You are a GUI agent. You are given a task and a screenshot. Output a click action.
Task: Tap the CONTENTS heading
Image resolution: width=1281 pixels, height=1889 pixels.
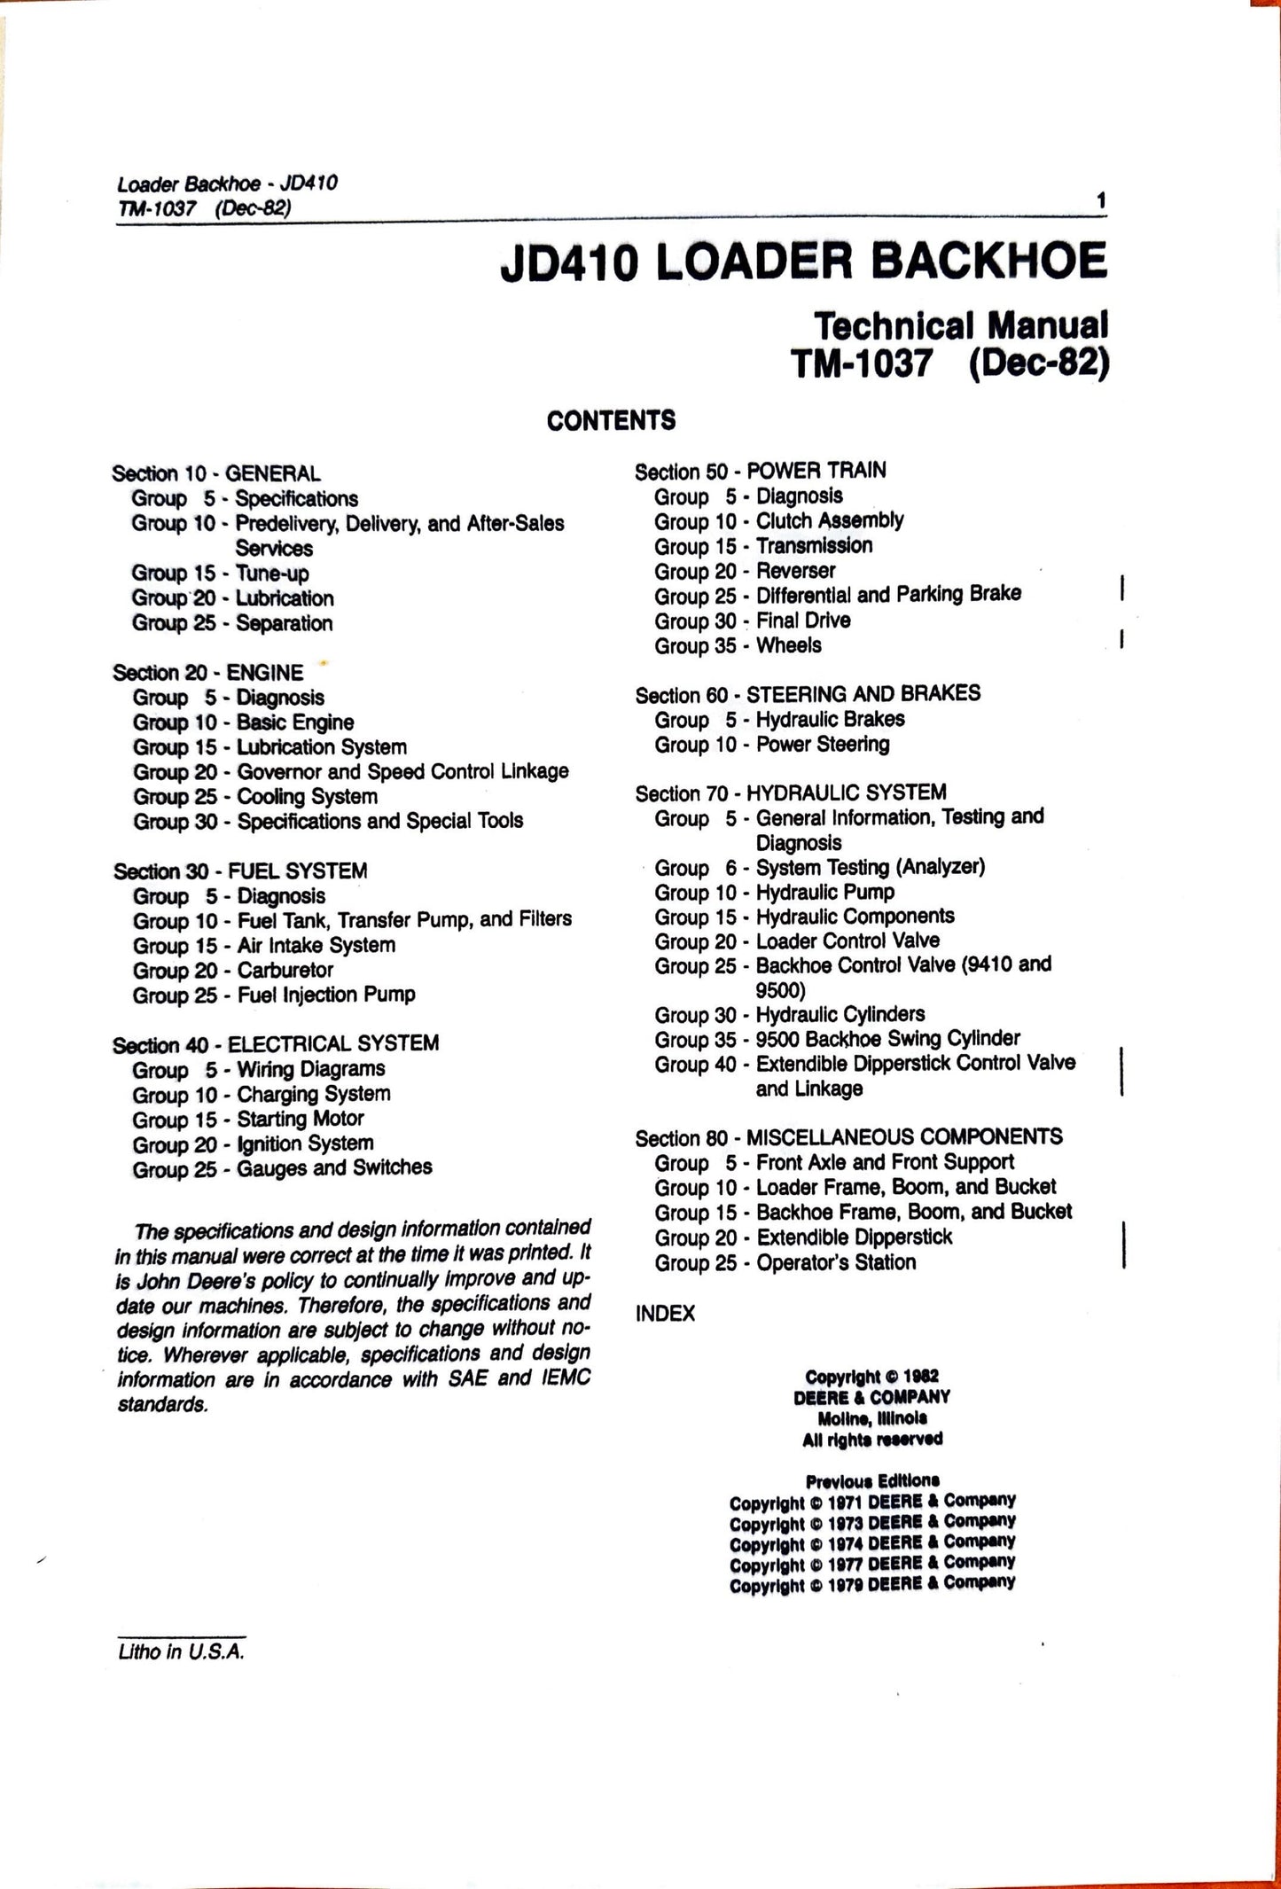(611, 420)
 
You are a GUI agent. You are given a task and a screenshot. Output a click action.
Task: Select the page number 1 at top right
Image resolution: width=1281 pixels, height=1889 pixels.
(1101, 201)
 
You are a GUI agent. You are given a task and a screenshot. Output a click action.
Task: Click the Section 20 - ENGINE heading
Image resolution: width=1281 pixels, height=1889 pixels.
(208, 672)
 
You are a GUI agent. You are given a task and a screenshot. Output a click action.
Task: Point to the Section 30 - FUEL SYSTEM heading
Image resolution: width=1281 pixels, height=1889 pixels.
(240, 870)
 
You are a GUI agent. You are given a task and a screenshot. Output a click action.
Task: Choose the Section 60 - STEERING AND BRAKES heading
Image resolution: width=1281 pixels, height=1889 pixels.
(808, 693)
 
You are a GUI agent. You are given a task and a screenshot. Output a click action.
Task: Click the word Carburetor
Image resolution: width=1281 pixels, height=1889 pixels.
(285, 970)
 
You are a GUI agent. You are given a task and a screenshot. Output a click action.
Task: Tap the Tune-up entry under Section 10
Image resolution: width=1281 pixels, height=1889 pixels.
(272, 573)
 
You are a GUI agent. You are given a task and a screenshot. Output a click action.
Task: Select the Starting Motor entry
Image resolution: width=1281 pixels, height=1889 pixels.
(301, 1119)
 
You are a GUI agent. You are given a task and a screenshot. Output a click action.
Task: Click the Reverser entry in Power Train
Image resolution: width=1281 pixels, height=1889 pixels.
(795, 571)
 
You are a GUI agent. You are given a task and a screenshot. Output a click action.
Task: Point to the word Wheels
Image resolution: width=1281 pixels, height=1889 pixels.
(788, 645)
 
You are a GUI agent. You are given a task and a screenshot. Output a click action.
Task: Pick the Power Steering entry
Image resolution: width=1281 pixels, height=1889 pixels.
(822, 744)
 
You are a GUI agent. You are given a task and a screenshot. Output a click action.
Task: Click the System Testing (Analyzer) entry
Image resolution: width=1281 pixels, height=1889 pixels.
(870, 867)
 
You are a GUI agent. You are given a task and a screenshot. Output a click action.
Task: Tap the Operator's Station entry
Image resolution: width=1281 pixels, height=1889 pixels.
(835, 1261)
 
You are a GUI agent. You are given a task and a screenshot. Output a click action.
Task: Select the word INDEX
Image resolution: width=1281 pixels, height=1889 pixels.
(665, 1313)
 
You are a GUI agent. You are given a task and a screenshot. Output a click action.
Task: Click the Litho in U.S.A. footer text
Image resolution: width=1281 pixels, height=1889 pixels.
(181, 1651)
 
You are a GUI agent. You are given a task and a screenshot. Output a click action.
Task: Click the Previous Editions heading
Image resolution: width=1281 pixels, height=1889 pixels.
(872, 1480)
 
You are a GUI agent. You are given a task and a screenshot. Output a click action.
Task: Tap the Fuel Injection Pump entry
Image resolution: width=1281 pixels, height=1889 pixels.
(326, 995)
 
